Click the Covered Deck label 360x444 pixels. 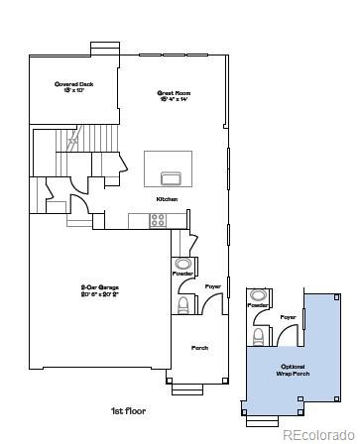tap(73, 88)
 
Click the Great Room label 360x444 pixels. tap(173, 97)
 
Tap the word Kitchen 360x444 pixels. tap(166, 199)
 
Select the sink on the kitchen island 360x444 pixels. tap(170, 178)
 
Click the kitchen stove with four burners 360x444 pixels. tap(158, 220)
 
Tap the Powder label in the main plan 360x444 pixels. tap(181, 273)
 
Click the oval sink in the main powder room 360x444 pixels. tap(182, 264)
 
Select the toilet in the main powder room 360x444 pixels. tap(182, 303)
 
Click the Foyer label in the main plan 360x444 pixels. tap(212, 286)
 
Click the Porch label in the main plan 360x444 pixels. tap(199, 348)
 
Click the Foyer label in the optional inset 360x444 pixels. tap(288, 317)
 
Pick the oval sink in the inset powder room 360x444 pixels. tap(258, 295)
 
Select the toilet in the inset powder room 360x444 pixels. tap(258, 336)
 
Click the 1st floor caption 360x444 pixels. tap(127, 409)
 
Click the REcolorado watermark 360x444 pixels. tap(319, 434)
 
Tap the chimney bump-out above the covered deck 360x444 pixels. tap(103, 48)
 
